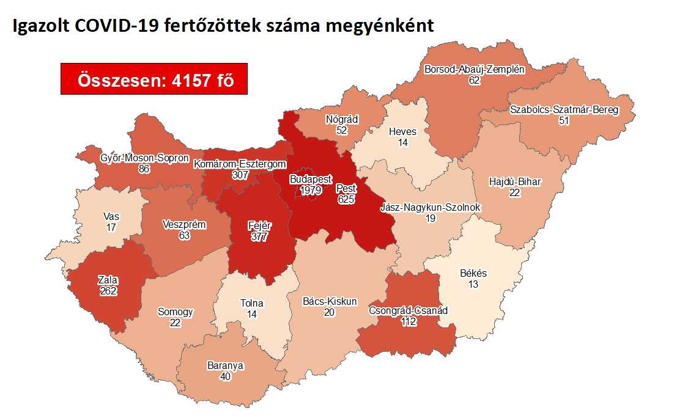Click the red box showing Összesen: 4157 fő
point(154,79)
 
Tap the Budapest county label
point(311,180)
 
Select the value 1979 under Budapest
point(311,191)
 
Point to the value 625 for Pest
point(346,199)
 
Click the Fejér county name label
point(259,225)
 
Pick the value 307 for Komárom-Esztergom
point(240,175)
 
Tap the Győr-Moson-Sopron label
point(144,158)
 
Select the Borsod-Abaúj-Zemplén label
point(474,70)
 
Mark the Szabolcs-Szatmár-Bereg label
point(564,110)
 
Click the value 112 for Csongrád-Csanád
point(408,321)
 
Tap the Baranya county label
point(225,366)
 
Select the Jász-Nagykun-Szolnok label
point(430,208)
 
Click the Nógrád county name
point(342,120)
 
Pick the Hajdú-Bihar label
point(516,182)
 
